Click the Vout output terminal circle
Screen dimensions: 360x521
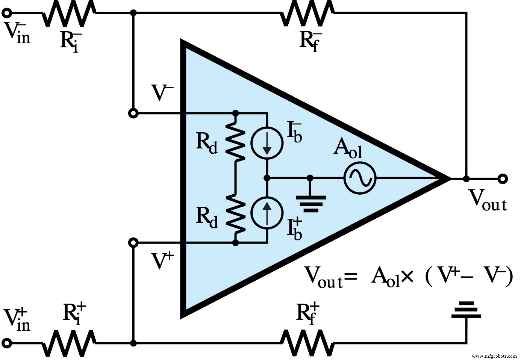pyautogui.click(x=502, y=178)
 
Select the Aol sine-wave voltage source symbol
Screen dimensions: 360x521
pyautogui.click(x=360, y=178)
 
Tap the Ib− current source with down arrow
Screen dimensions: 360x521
pyautogui.click(x=267, y=143)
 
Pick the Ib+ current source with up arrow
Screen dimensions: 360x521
pyautogui.click(x=267, y=213)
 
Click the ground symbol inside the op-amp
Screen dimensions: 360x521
pyautogui.click(x=310, y=203)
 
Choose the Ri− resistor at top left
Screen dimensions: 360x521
pyautogui.click(x=68, y=14)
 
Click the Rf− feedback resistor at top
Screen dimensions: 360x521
pyautogui.click(x=307, y=14)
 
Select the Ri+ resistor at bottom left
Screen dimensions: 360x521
pyautogui.click(x=68, y=343)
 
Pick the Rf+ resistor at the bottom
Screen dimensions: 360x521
pyautogui.click(x=307, y=343)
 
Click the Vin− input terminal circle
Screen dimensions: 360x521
pyautogui.click(x=6, y=14)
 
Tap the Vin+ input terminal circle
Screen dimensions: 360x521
pyautogui.click(x=6, y=343)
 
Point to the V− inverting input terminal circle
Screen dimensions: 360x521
pyautogui.click(x=133, y=113)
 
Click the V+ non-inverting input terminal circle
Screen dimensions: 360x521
pyautogui.click(x=133, y=243)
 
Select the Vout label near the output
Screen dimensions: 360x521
pyautogui.click(x=487, y=200)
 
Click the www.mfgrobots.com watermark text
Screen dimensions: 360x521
pyautogui.click(x=494, y=355)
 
